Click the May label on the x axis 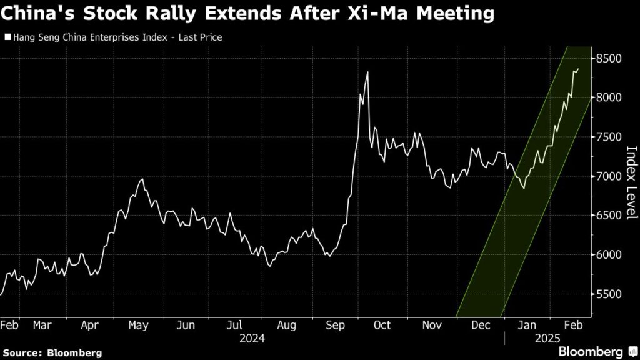(139, 325)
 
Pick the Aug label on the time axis (286, 325)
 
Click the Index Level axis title (631, 182)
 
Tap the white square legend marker (7, 37)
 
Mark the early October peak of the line (367, 72)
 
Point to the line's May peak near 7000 (142, 179)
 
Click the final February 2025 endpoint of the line (578, 69)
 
